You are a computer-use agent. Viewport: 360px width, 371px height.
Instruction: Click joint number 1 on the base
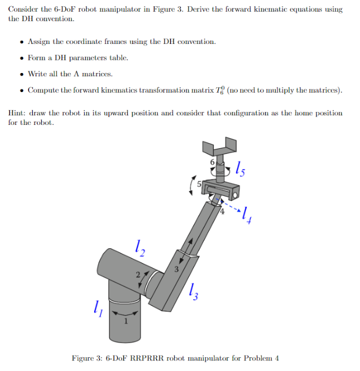tap(125, 321)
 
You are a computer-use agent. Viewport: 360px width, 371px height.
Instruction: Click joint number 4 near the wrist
tap(222, 211)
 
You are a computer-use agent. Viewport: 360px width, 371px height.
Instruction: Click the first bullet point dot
tap(21, 42)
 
